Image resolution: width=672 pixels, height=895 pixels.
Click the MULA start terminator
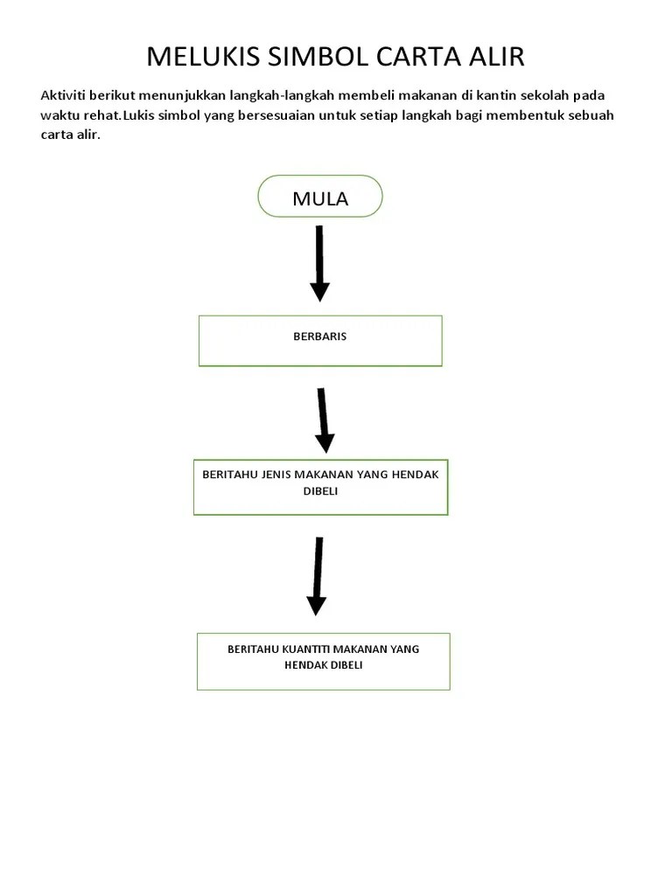[320, 197]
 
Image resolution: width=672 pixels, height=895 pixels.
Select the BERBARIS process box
[320, 341]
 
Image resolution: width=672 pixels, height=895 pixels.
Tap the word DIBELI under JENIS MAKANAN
[320, 491]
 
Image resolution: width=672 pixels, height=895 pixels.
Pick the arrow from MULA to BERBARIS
[319, 263]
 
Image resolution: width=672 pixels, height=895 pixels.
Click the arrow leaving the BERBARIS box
[324, 420]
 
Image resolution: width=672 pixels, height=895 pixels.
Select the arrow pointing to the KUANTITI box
[317, 576]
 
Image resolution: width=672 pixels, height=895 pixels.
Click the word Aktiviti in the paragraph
[63, 95]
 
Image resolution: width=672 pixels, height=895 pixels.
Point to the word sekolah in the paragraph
[544, 95]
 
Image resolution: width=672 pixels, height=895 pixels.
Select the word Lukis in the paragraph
[139, 115]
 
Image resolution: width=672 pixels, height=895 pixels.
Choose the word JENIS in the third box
[276, 475]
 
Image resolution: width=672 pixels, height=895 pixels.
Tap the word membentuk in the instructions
[525, 115]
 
